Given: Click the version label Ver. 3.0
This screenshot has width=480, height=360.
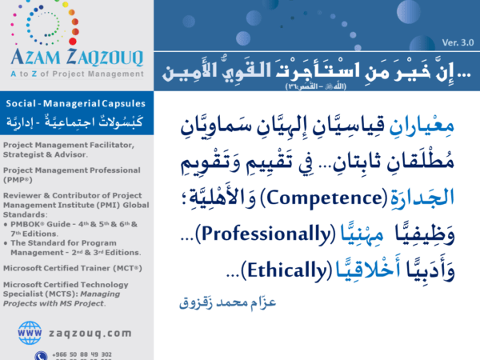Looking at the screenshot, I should pyautogui.click(x=456, y=42).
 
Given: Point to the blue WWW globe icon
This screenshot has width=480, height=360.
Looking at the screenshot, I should pyautogui.click(x=30, y=330).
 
